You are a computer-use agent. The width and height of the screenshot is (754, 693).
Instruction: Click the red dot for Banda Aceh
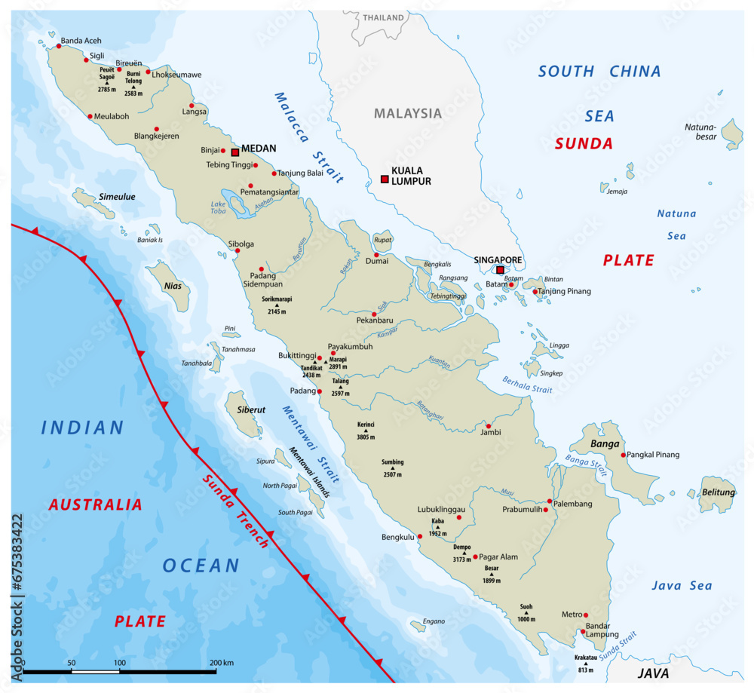tap(59, 46)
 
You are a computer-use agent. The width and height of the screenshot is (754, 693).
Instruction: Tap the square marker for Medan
tap(235, 152)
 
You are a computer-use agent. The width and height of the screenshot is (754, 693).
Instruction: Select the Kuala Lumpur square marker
tap(385, 179)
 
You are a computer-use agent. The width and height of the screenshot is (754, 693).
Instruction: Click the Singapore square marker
tap(500, 270)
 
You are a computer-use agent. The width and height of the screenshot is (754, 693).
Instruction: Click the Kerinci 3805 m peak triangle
tap(366, 431)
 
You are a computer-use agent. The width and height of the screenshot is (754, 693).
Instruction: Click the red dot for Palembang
tap(550, 501)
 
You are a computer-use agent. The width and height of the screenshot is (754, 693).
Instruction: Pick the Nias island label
tap(173, 287)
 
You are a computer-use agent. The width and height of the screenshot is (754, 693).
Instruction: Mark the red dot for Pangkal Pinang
tap(623, 455)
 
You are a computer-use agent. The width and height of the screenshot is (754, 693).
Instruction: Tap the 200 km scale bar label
tap(222, 663)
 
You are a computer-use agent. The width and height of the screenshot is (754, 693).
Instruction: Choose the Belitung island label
tap(718, 492)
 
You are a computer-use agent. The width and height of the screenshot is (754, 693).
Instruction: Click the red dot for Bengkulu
tap(420, 536)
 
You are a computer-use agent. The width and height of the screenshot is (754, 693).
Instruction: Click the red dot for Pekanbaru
tap(374, 314)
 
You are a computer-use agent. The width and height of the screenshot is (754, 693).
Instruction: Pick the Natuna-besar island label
tap(699, 132)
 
